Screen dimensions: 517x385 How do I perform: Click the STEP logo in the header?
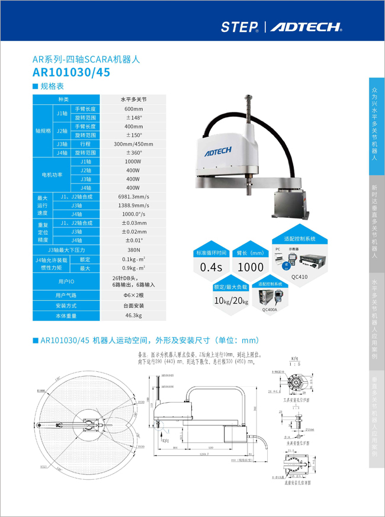pos(239,27)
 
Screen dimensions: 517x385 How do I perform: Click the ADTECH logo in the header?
pos(306,27)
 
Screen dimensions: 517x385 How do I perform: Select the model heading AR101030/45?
pos(71,72)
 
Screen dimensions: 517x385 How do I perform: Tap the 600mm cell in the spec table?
pos(133,109)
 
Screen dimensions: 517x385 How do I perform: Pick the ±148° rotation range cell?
pos(133,118)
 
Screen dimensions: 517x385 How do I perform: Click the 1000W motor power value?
pos(133,161)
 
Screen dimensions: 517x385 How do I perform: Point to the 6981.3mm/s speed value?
pos(133,197)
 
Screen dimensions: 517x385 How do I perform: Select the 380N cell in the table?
pos(133,250)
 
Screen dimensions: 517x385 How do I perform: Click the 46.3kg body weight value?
pos(133,316)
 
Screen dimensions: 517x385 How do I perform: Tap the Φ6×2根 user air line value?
pos(133,295)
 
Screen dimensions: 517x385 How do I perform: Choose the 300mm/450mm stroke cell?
pos(133,144)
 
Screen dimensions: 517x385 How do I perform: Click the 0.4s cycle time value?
pos(211,267)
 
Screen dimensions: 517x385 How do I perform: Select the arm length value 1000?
pos(250,267)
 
